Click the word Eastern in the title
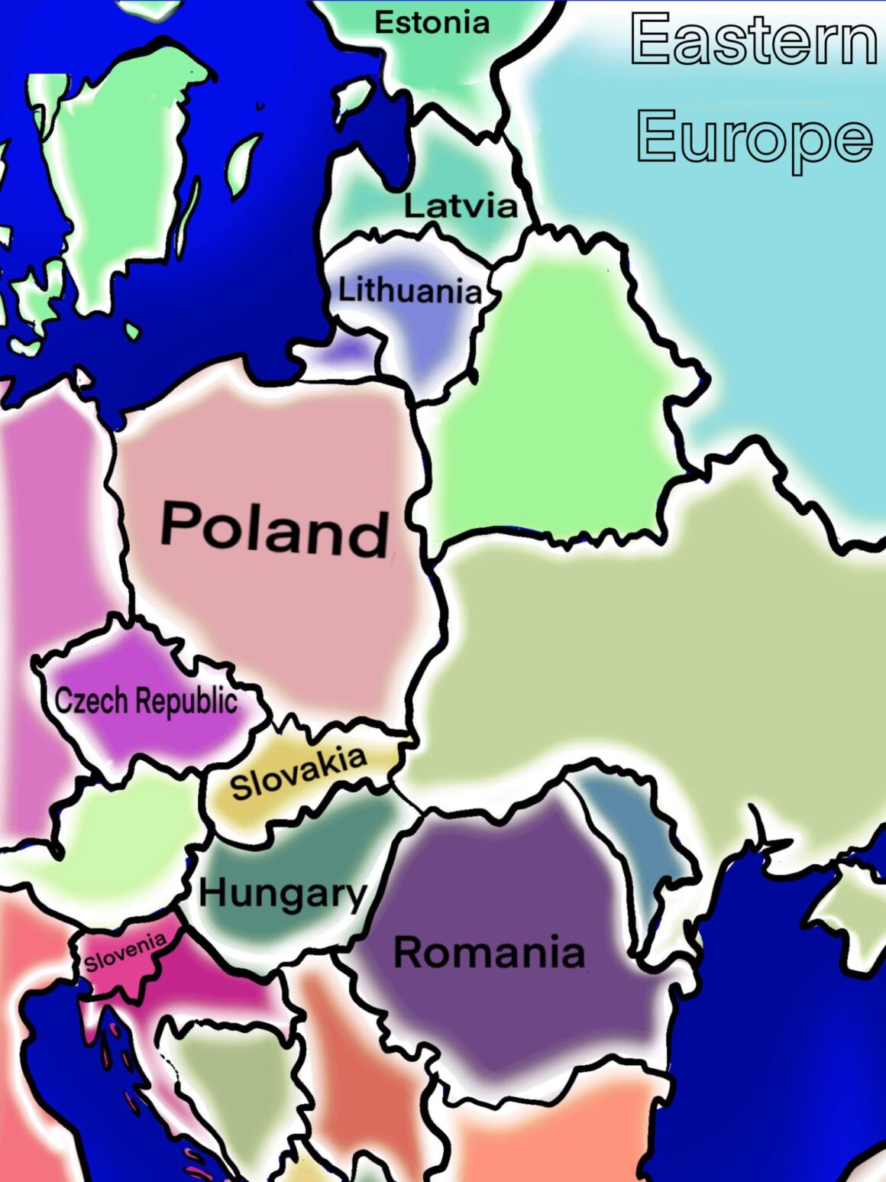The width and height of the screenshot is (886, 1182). pyautogui.click(x=753, y=40)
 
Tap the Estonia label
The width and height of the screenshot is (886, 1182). pyautogui.click(x=432, y=23)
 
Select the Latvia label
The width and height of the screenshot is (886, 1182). pyautogui.click(x=460, y=206)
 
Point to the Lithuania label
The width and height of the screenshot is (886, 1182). pyautogui.click(x=410, y=290)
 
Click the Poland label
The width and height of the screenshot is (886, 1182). pyautogui.click(x=274, y=529)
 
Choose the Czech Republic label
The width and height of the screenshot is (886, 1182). pyautogui.click(x=146, y=701)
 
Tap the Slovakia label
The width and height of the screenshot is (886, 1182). pyautogui.click(x=299, y=772)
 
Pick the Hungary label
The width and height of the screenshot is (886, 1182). pyautogui.click(x=283, y=892)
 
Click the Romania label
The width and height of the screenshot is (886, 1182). pyautogui.click(x=489, y=953)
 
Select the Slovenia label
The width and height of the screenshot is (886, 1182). pyautogui.click(x=124, y=952)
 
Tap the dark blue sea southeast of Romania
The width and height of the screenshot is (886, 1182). pyautogui.click(x=764, y=1031)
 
